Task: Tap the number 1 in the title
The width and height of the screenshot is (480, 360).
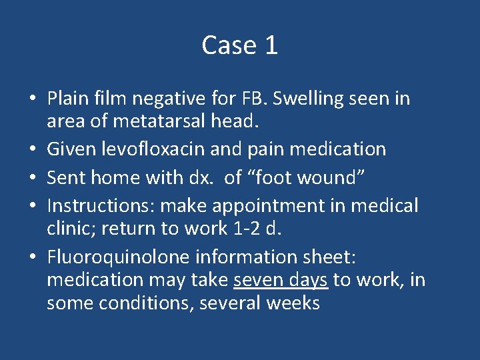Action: (x=271, y=45)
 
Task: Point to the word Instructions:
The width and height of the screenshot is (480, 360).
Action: (x=99, y=205)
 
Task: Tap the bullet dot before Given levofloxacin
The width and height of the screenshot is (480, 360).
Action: (x=33, y=149)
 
